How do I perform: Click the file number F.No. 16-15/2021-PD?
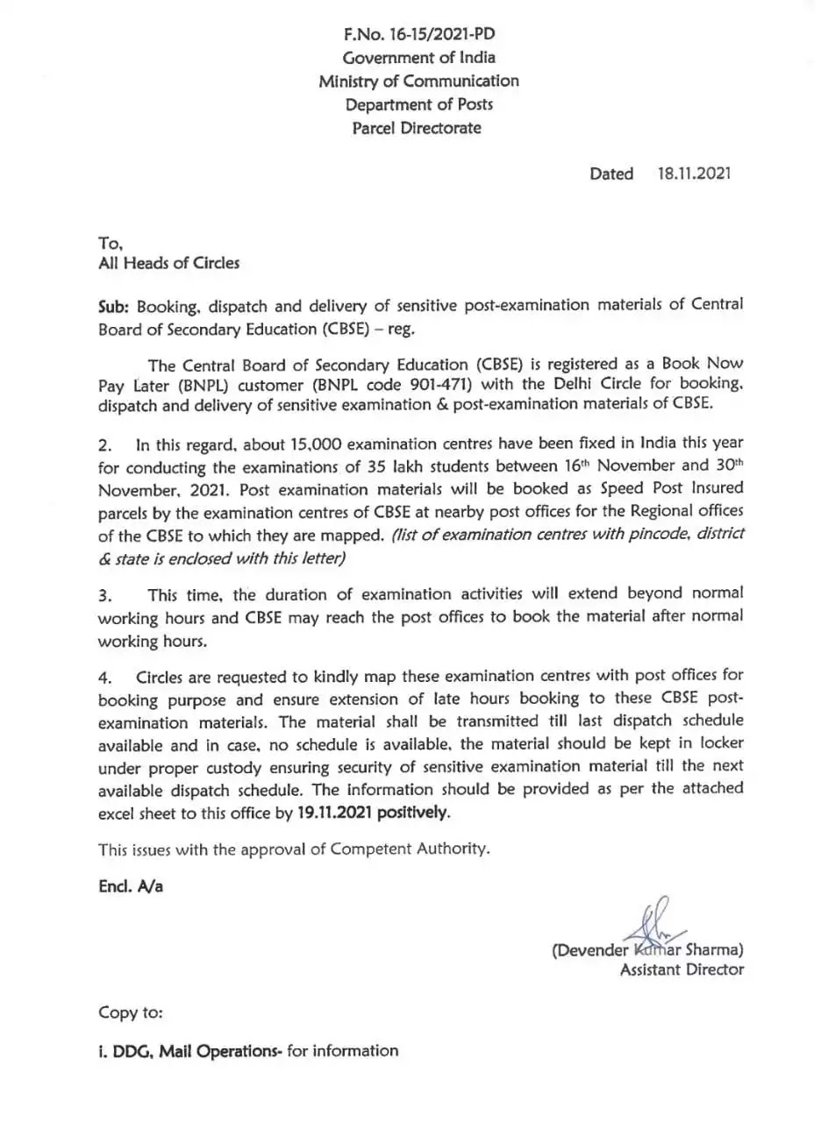tap(418, 34)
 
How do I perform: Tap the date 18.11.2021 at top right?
tap(694, 174)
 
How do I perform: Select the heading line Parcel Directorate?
tap(417, 128)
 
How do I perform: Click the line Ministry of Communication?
tap(418, 81)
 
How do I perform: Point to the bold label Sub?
tap(113, 304)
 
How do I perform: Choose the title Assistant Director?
tap(682, 969)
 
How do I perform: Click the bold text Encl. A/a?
tap(130, 886)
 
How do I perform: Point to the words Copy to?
tap(130, 1013)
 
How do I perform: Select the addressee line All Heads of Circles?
tap(168, 262)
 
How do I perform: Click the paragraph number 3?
tap(105, 595)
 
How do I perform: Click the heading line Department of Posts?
tap(418, 104)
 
